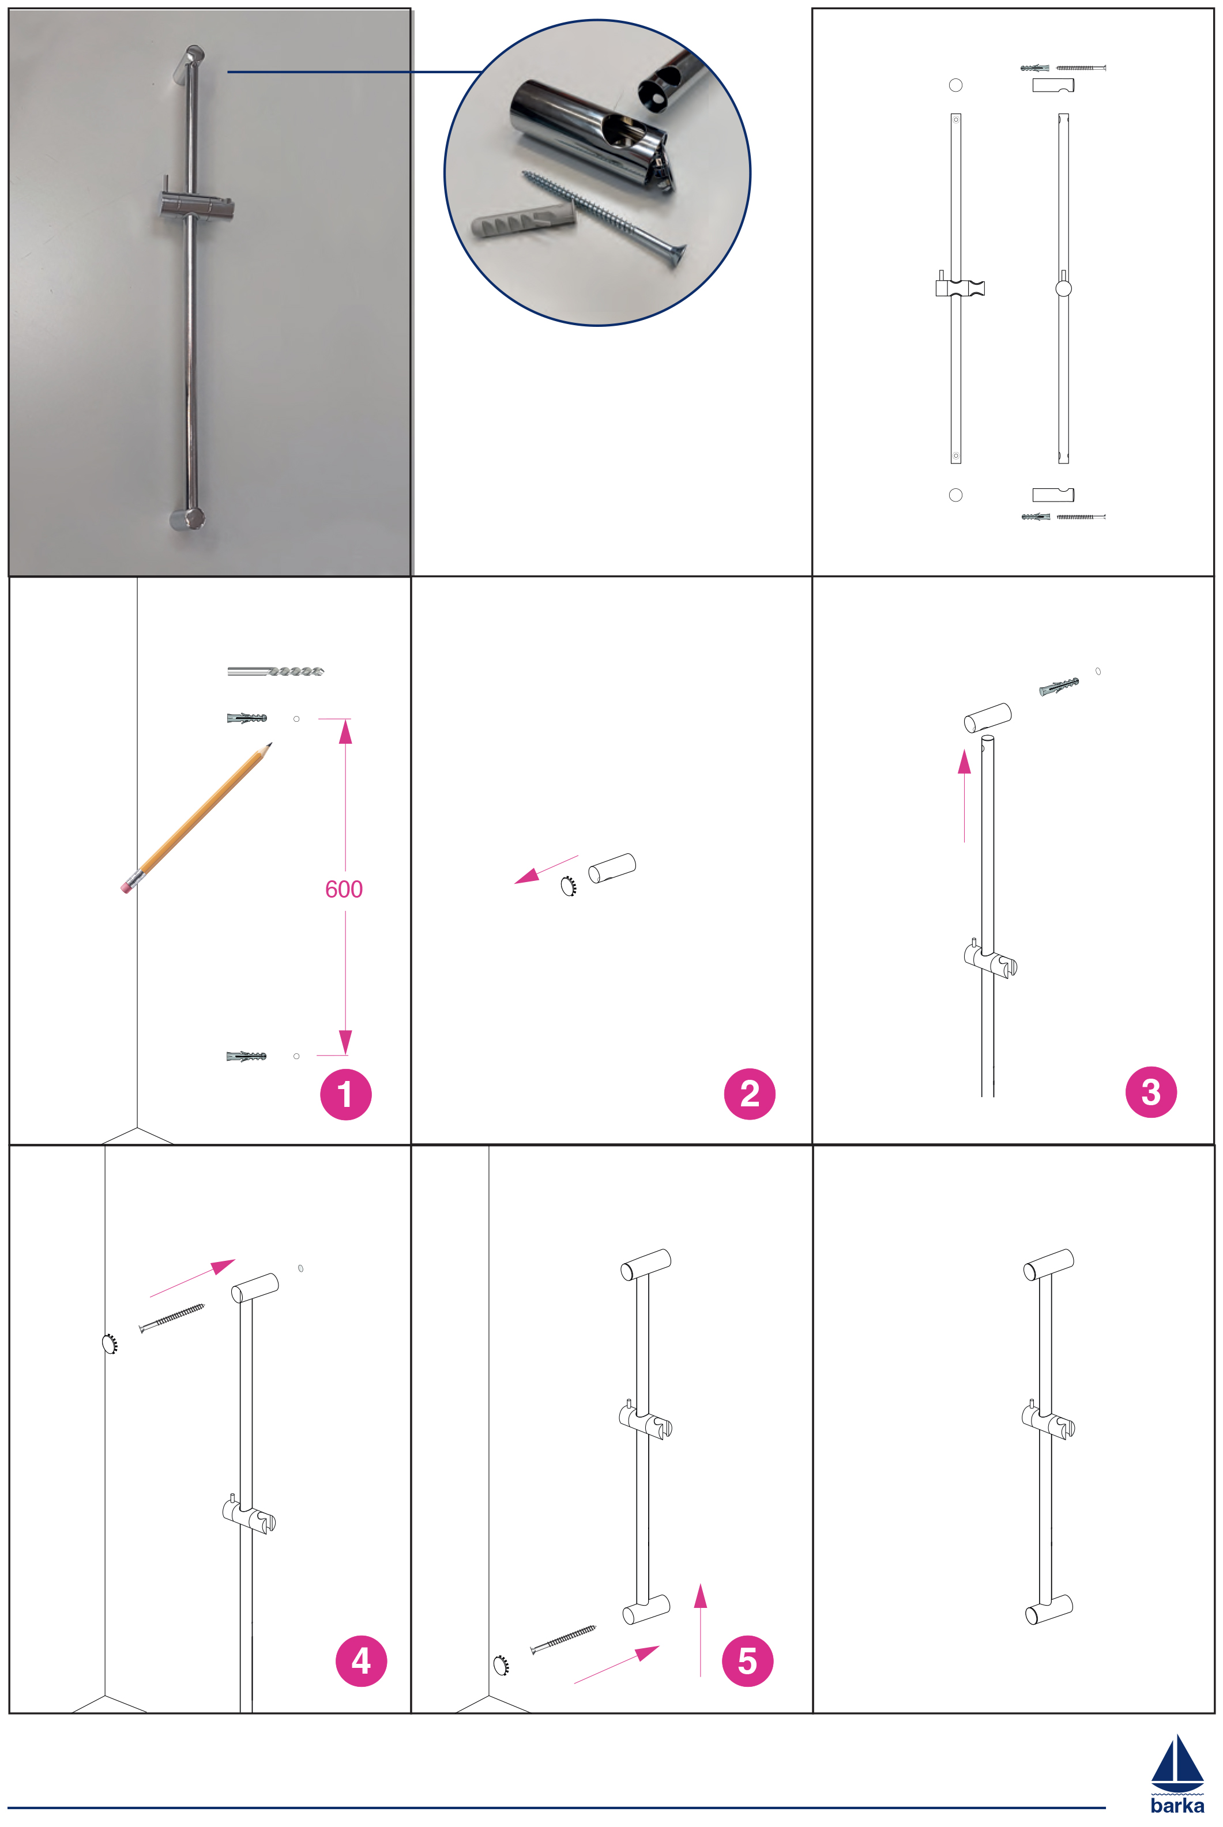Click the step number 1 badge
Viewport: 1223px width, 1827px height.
[345, 1094]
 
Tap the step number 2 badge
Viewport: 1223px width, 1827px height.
[750, 1094]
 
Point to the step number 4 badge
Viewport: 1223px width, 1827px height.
[361, 1661]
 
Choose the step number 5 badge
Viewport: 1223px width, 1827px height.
[747, 1661]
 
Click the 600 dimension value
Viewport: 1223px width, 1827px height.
[344, 889]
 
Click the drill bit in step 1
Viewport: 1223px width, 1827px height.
[275, 670]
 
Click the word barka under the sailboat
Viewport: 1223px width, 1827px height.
[1177, 1805]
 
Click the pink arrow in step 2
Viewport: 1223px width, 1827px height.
[546, 869]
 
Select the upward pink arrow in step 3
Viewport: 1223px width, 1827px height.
[965, 796]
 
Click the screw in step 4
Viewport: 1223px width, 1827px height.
[172, 1318]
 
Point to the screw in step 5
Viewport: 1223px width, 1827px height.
[563, 1640]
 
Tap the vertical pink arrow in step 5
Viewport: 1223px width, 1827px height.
[701, 1630]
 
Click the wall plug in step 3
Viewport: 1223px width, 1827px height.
[1059, 686]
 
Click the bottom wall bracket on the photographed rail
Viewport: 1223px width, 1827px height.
[188, 519]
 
